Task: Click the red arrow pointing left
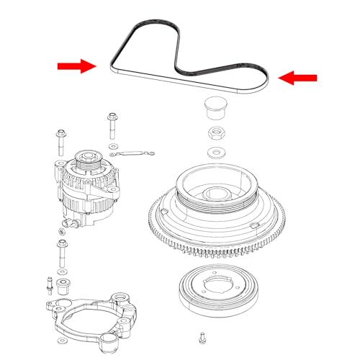pos(298,78)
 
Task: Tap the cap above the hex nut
pos(213,108)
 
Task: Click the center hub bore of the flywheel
pos(214,194)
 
